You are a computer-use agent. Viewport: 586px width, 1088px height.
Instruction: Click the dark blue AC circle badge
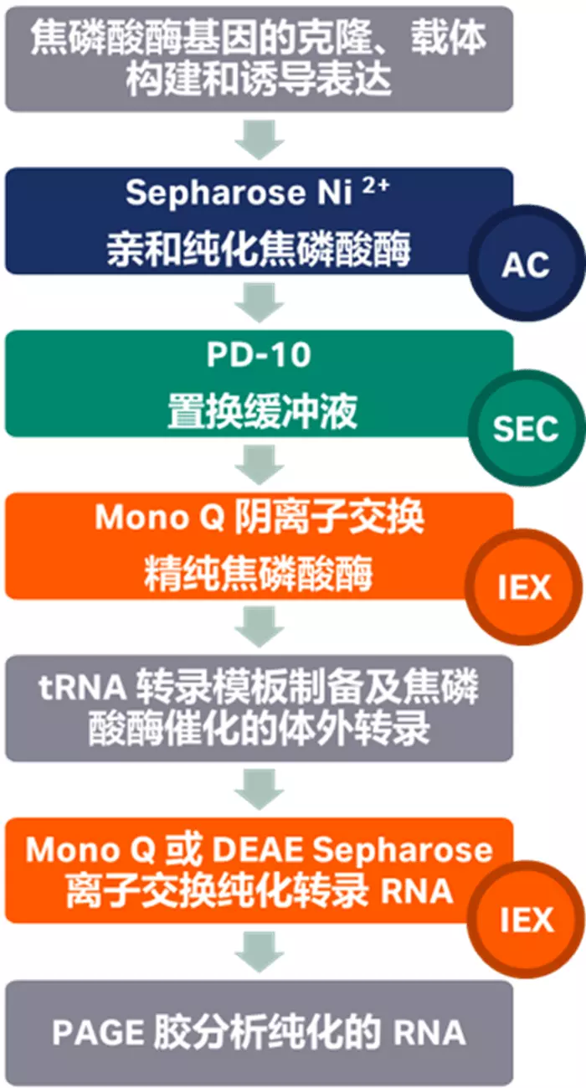click(x=526, y=266)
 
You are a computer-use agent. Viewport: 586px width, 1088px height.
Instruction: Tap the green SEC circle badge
click(x=526, y=428)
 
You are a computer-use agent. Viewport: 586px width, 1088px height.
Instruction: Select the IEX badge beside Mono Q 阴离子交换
click(x=526, y=587)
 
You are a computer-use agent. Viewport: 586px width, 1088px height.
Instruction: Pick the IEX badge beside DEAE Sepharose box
click(x=526, y=920)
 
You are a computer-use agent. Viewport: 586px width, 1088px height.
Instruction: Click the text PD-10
click(x=259, y=355)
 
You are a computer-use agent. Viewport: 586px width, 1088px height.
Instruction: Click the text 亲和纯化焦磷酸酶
click(x=259, y=249)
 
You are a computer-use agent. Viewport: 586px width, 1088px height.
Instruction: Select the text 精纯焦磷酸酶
click(x=259, y=575)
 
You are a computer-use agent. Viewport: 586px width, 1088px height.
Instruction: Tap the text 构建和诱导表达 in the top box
click(x=259, y=80)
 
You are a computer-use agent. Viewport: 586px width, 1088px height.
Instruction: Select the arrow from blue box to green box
click(x=259, y=302)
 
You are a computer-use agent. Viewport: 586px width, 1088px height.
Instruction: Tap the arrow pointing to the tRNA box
click(x=259, y=627)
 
